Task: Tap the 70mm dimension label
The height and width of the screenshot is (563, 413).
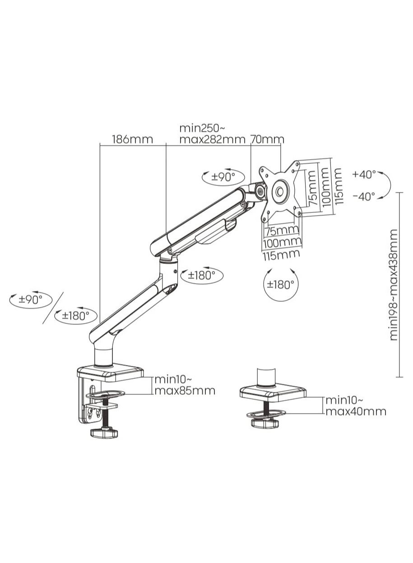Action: coord(267,139)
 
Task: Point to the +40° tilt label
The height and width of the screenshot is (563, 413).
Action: coord(364,174)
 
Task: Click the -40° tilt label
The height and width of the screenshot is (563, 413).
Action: coord(364,196)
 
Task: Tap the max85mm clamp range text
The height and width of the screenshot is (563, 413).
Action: coord(185,391)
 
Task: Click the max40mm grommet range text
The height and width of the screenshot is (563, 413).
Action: coord(356,411)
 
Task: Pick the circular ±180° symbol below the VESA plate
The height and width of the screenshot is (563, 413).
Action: coord(280,284)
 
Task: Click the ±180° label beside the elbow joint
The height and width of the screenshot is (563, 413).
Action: coord(202,275)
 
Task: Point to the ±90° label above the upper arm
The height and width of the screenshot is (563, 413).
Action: coord(222,177)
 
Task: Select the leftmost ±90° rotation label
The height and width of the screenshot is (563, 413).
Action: coord(30,299)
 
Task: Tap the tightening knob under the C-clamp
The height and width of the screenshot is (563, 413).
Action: coord(104,433)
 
